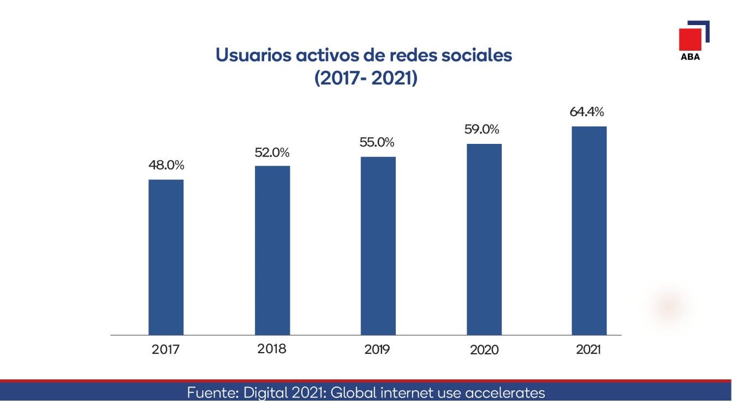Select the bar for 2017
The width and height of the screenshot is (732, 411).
coord(166,257)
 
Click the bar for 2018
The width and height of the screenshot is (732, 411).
coord(272,250)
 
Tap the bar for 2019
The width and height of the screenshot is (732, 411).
coord(378,246)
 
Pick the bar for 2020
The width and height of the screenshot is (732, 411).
coord(484,239)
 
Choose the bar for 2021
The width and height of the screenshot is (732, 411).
coord(589,231)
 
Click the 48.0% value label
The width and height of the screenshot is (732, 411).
coord(166,165)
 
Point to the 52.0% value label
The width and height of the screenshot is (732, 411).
coord(272,153)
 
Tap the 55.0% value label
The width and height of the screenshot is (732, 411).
coord(377,142)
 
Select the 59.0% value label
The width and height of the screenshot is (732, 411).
coord(482,130)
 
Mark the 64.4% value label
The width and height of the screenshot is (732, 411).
coord(587,112)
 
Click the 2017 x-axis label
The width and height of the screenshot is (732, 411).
coord(165,350)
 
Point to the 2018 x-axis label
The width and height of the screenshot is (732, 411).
coord(272,349)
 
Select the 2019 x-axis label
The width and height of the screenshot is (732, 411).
coord(377,350)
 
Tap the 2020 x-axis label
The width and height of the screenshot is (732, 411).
coord(484,350)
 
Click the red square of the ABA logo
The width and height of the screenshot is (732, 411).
coord(690,39)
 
